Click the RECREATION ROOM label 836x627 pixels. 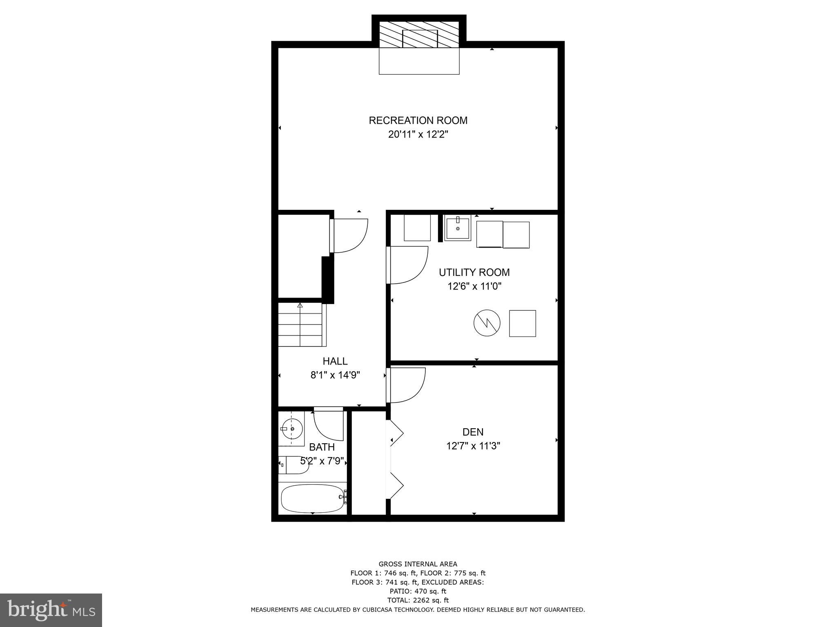click(x=418, y=120)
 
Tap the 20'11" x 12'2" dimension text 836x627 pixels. click(x=418, y=135)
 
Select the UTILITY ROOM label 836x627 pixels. click(x=474, y=272)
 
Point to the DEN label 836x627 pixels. click(x=473, y=432)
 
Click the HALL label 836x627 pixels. click(x=335, y=361)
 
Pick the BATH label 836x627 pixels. click(x=322, y=447)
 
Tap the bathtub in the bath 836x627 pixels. click(x=312, y=498)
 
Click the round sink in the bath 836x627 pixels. click(x=291, y=429)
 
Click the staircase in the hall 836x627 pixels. click(x=300, y=325)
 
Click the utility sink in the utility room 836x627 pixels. click(x=458, y=228)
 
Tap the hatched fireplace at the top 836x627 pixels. click(x=419, y=37)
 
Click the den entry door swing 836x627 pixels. click(x=407, y=385)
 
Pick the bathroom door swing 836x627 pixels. click(x=329, y=425)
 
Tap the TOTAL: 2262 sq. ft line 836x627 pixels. click(x=418, y=600)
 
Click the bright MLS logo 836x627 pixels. click(x=51, y=610)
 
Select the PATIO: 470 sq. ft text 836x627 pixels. click(x=418, y=591)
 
